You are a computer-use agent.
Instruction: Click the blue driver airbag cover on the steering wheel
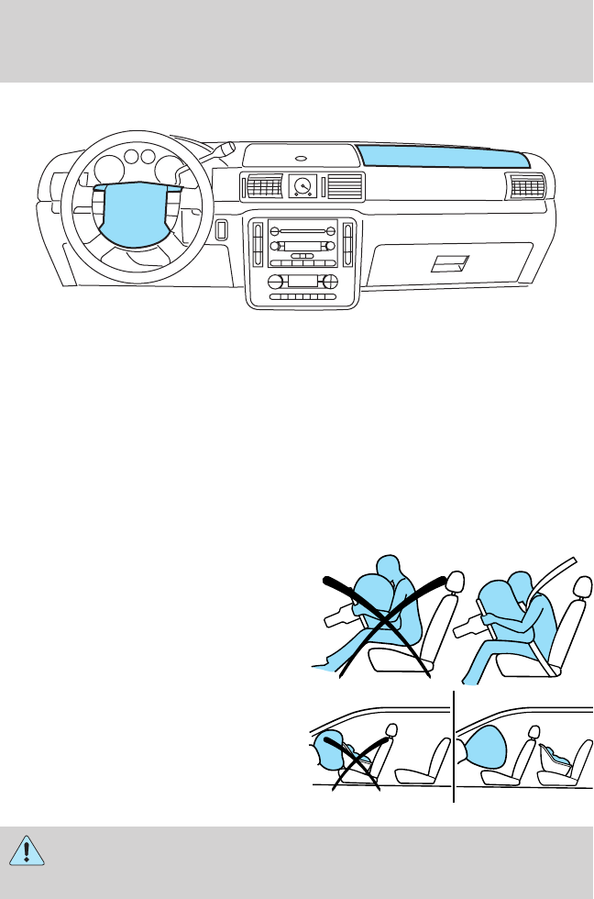pos(138,216)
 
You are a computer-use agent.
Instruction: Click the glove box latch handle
pos(450,264)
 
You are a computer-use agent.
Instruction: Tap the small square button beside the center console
pos(221,229)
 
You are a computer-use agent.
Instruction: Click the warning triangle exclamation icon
pos(33,849)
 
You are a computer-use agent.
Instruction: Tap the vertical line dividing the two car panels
pos(454,748)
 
